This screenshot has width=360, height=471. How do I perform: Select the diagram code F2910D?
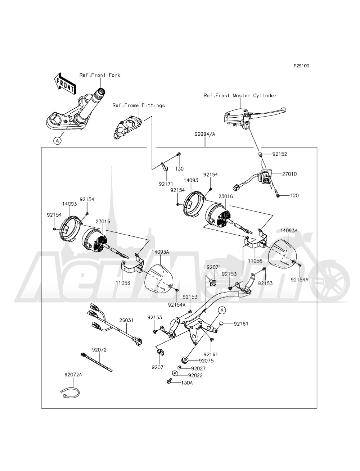(x=301, y=66)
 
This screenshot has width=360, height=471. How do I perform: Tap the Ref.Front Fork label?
(x=100, y=75)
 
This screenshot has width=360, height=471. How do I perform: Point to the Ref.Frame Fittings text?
(x=139, y=105)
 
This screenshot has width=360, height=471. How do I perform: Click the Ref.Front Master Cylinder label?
(x=240, y=96)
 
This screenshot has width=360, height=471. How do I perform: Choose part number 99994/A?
(x=205, y=133)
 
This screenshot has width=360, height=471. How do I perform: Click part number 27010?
(x=289, y=174)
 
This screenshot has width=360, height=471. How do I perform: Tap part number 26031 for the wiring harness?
(x=127, y=320)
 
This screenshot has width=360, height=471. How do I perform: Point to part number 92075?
(x=206, y=360)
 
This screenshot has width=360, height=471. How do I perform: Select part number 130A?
(x=186, y=383)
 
